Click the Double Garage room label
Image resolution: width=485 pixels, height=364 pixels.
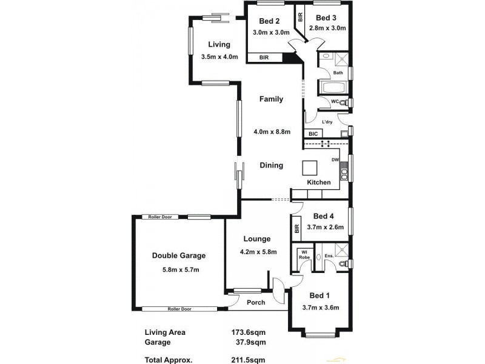pos(179,255)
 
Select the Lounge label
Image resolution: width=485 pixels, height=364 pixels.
pos(256,239)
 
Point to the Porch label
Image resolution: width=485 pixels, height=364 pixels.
pos(256,302)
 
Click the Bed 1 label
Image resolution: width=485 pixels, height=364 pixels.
pos(320,295)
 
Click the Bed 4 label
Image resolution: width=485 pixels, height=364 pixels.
pos(324,216)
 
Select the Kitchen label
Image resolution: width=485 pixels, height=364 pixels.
pos(319,182)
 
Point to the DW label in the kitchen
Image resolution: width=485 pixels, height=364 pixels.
pos(335,160)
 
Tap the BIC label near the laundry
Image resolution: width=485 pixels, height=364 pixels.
pos(313,133)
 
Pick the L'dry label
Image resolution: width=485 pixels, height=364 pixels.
pos(327,122)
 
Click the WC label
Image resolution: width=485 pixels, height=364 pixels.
pos(334,101)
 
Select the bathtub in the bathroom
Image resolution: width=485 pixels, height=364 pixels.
pos(332,89)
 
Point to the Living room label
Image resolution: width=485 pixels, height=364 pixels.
pos(219,44)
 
